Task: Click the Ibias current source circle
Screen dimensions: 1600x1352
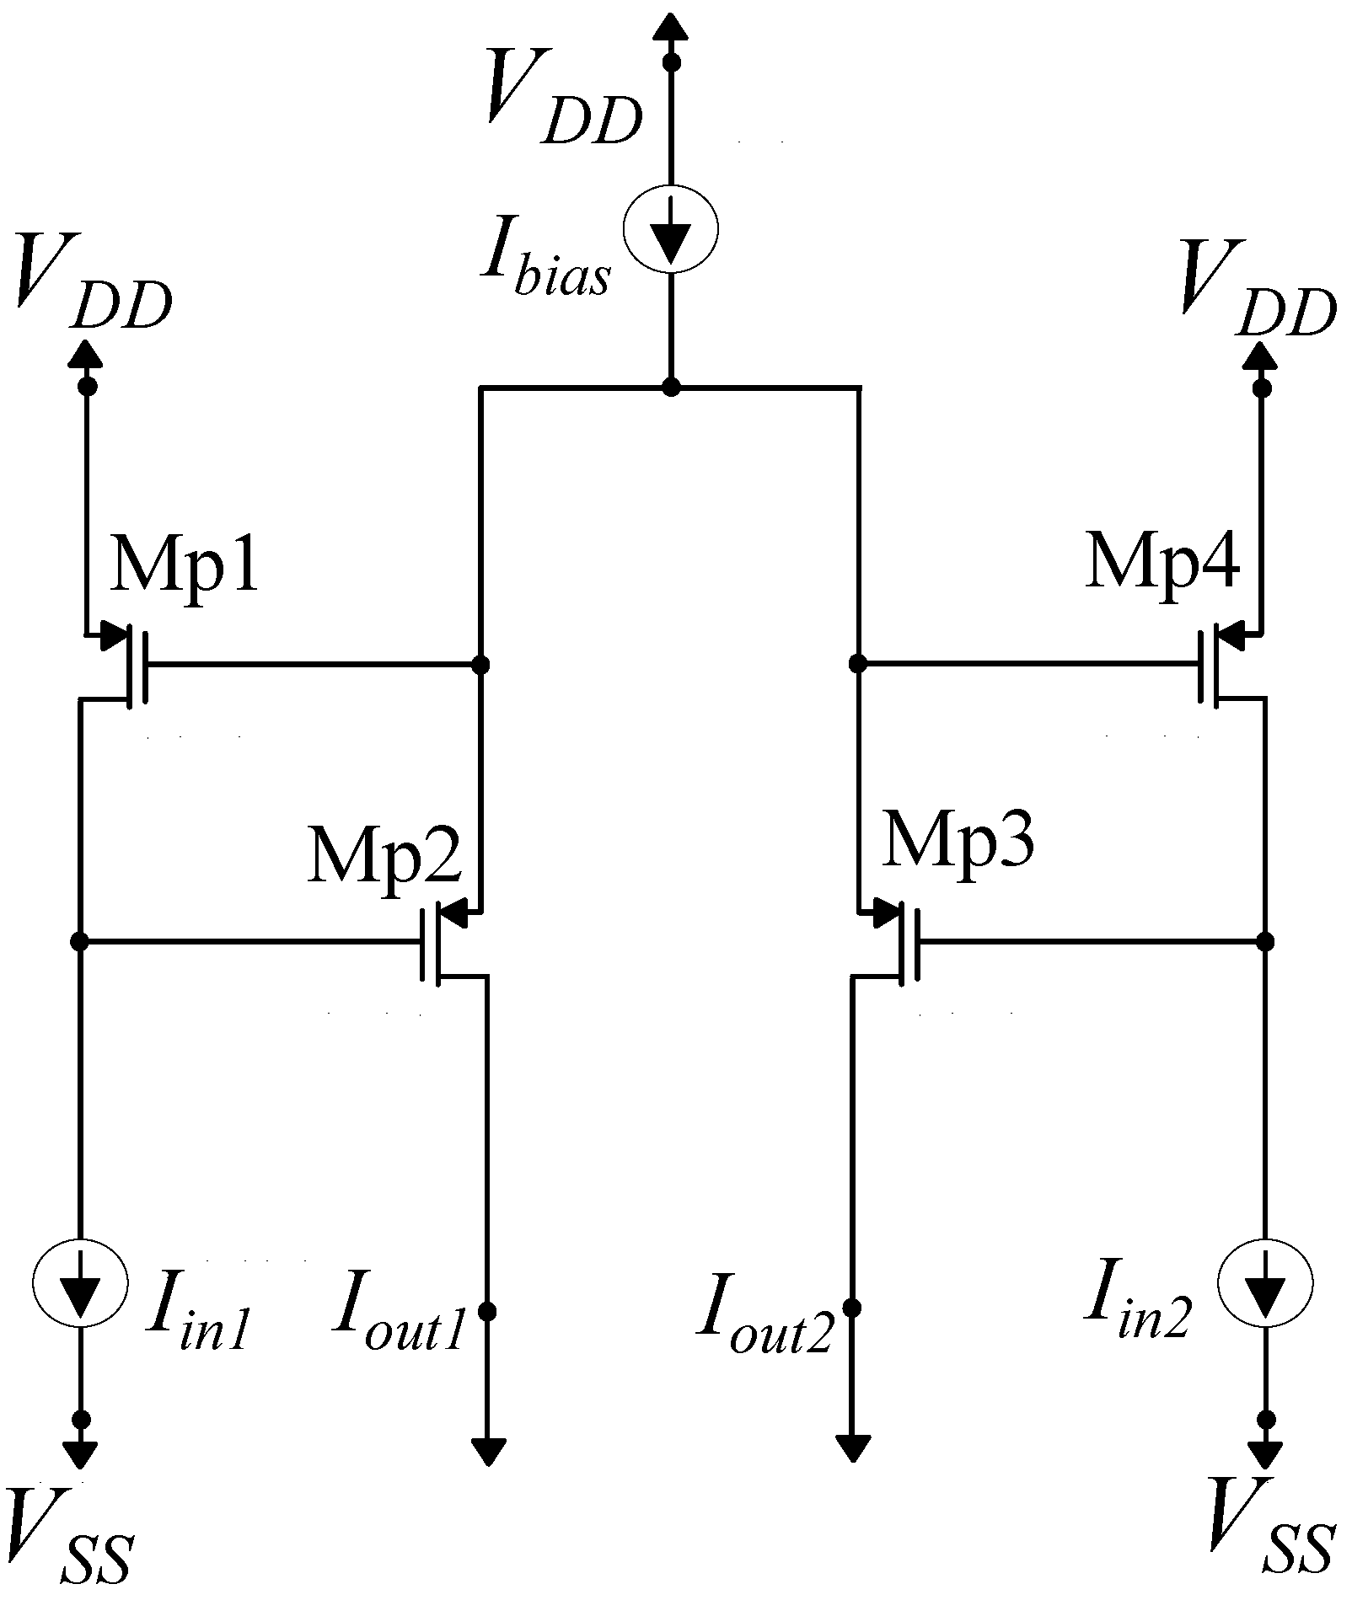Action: [x=671, y=227]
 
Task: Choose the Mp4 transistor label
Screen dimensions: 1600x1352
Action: [x=1163, y=562]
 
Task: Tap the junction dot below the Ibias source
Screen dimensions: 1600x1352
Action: [x=671, y=388]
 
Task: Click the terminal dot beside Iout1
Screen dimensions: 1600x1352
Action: [x=487, y=1311]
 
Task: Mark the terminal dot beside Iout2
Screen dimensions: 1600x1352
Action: [x=852, y=1308]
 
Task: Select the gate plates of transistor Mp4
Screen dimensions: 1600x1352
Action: [x=1207, y=665]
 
